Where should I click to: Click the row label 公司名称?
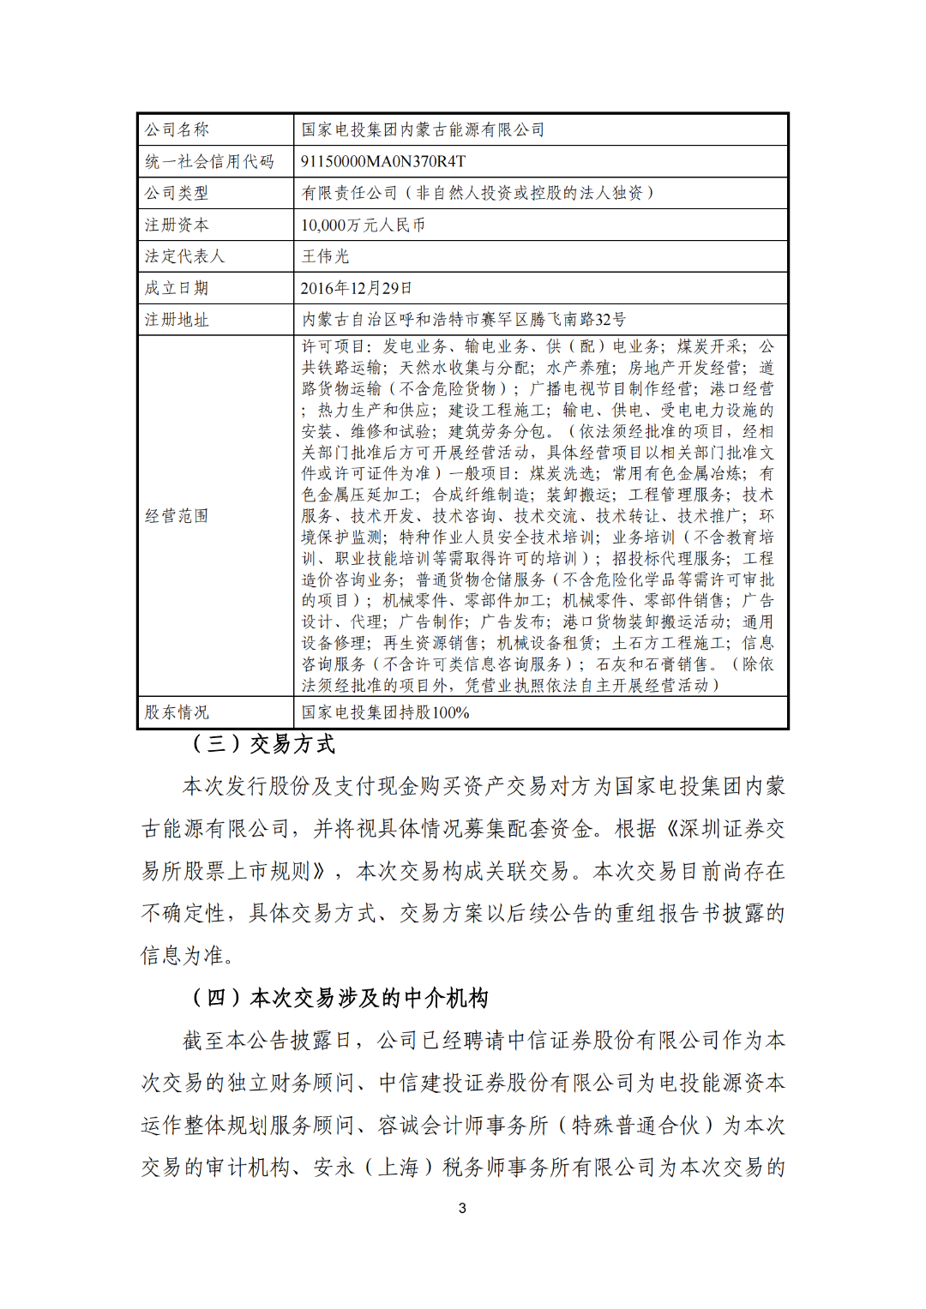click(x=177, y=129)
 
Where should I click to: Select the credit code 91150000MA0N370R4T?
click(x=383, y=161)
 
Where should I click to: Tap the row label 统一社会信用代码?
click(x=209, y=161)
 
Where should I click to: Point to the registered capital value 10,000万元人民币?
click(x=363, y=225)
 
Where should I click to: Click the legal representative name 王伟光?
click(x=325, y=256)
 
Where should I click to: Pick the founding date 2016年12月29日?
click(x=356, y=288)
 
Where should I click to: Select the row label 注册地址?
click(x=177, y=320)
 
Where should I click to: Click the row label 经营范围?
click(x=177, y=516)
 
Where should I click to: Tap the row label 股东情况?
click(x=177, y=712)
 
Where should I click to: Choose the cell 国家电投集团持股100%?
click(x=385, y=712)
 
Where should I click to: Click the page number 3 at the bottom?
click(x=463, y=1208)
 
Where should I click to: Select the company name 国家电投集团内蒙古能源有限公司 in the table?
click(x=423, y=129)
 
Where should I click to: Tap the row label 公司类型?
click(x=177, y=193)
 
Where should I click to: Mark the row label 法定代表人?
click(x=184, y=256)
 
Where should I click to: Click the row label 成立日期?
click(x=177, y=288)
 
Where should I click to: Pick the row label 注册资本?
click(x=177, y=225)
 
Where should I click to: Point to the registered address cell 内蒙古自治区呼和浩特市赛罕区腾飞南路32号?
click(x=463, y=320)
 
